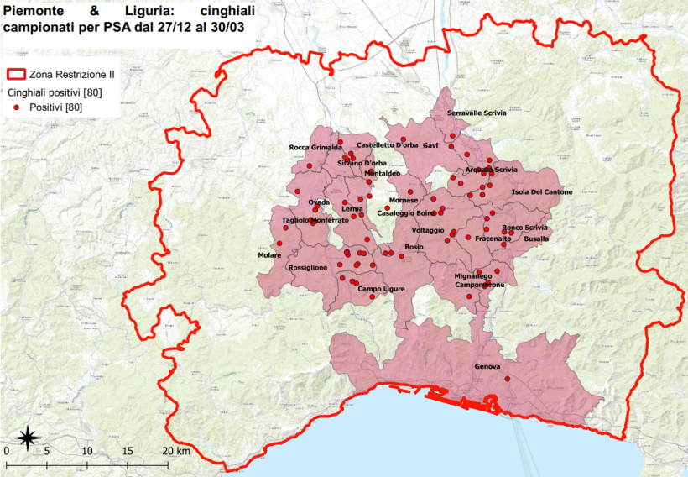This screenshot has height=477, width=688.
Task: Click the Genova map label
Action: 487,367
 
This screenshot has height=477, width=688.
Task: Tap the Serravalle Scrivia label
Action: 477,113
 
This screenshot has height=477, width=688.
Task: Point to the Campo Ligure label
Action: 382,289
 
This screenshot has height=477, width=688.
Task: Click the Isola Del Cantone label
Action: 542,192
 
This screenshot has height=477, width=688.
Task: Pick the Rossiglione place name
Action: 307,267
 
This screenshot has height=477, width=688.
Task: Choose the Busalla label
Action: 536,238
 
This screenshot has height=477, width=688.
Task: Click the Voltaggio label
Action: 429,230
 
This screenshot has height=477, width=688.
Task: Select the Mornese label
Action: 404,201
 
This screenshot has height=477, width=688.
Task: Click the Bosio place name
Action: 414,247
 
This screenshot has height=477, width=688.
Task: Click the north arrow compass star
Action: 28,436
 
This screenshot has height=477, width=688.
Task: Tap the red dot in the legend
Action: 17,108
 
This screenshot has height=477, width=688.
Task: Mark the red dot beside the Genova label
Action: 508,379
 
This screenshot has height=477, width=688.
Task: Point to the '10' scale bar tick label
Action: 87,451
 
